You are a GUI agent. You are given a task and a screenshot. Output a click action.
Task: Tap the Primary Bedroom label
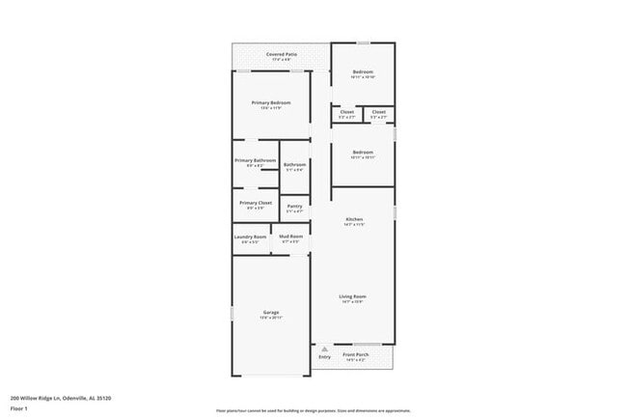tap(271, 102)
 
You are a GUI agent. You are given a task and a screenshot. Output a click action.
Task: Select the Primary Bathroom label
tap(256, 160)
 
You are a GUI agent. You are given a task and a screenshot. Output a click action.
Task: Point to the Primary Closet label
tap(256, 203)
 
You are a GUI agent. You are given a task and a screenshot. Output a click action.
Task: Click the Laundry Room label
tap(250, 237)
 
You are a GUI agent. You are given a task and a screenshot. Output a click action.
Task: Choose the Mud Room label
tap(291, 237)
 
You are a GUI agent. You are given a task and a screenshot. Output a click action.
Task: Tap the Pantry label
tap(294, 206)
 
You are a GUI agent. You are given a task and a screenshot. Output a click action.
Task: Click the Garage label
tap(271, 313)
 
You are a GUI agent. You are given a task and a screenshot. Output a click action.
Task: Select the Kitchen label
tap(354, 220)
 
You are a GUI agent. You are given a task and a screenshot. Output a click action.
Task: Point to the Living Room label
tap(352, 296)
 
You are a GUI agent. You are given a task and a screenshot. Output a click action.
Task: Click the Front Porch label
tap(356, 354)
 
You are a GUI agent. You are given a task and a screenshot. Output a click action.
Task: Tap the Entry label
tap(324, 357)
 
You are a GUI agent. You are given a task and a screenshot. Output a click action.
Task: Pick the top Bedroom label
tap(363, 73)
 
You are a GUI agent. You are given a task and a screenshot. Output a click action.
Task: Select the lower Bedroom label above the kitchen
tap(363, 153)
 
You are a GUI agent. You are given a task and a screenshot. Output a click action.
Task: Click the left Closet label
tap(347, 112)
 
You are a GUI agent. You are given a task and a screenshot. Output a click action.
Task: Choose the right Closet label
tap(378, 112)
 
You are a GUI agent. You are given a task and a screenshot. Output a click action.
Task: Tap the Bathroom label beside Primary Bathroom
tap(294, 165)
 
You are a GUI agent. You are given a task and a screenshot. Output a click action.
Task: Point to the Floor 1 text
tap(19, 408)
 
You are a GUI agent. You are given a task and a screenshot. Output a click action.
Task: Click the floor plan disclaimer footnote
tap(313, 411)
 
